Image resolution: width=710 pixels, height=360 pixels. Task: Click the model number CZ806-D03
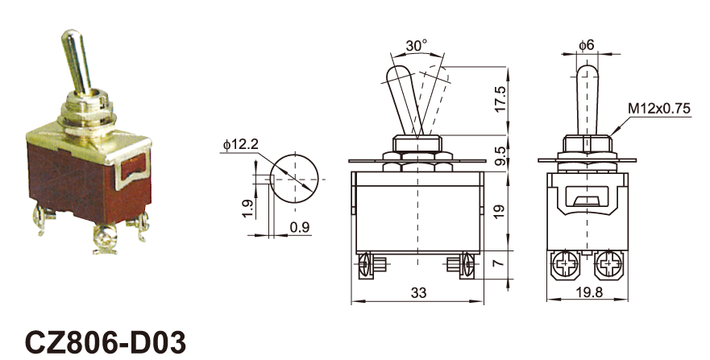(x=106, y=341)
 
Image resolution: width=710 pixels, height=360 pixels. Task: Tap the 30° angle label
(x=416, y=47)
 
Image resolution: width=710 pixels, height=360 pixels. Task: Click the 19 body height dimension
(x=500, y=212)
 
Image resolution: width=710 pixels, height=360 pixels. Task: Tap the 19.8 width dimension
(x=587, y=293)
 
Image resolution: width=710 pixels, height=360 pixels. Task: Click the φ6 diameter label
(x=587, y=46)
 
